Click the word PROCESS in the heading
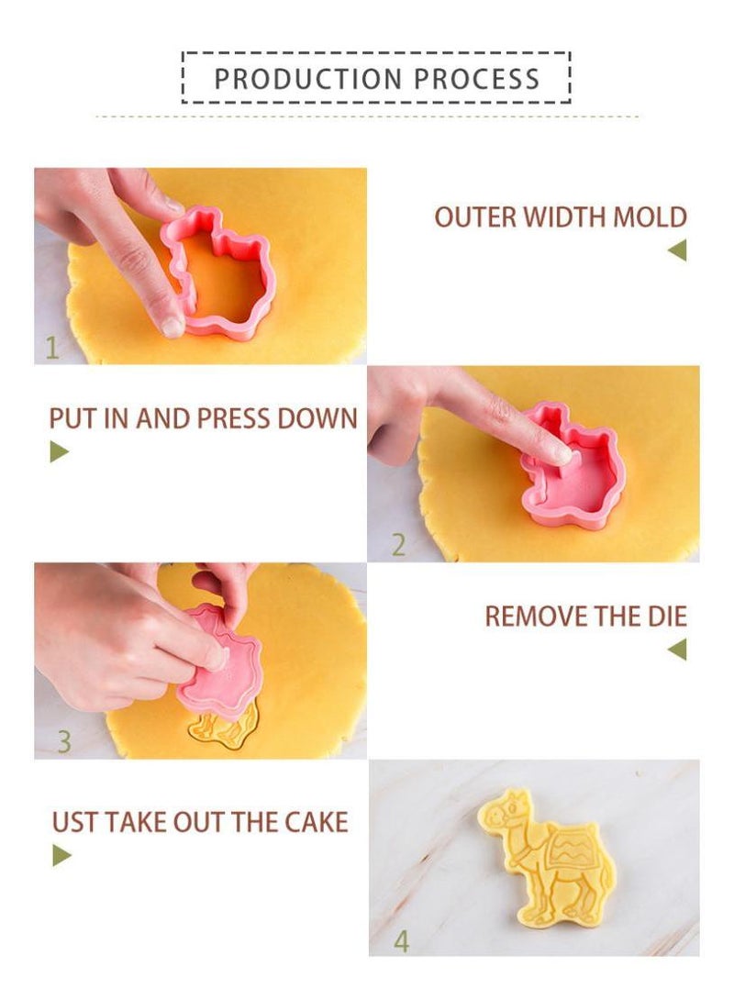click(x=476, y=79)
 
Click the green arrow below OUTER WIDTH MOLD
click(x=677, y=250)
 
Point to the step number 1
click(x=51, y=348)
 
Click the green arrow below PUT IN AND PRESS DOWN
click(x=60, y=451)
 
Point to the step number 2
click(x=398, y=545)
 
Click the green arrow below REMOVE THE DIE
click(x=677, y=650)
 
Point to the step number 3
click(x=63, y=741)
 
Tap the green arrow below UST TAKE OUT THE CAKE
click(x=61, y=855)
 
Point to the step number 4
click(x=401, y=940)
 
